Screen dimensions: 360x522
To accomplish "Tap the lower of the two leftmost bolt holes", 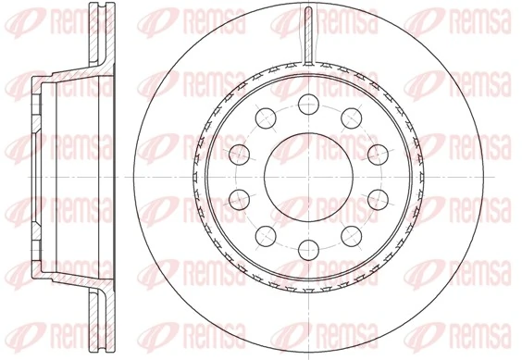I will (x=237, y=196).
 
